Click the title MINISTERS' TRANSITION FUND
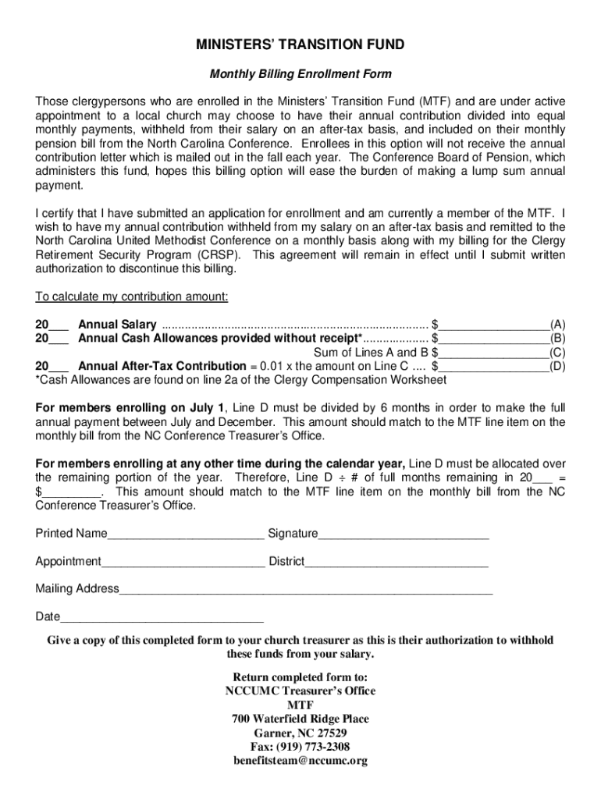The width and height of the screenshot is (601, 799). pyautogui.click(x=300, y=45)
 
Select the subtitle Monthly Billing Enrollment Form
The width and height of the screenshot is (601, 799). pyautogui.click(x=300, y=74)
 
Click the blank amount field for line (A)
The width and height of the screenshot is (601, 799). pyautogui.click(x=494, y=325)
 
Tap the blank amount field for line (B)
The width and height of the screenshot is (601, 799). pyautogui.click(x=494, y=339)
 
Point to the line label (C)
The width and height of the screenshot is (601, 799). pyautogui.click(x=557, y=353)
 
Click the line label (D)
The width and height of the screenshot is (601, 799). pyautogui.click(x=557, y=366)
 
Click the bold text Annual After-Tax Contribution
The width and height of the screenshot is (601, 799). pyautogui.click(x=162, y=366)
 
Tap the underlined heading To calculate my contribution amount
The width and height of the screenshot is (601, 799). pyautogui.click(x=132, y=297)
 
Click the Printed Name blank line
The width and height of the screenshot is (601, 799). pyautogui.click(x=186, y=534)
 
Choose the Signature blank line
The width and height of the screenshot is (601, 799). pyautogui.click(x=404, y=534)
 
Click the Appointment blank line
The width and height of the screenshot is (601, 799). pyautogui.click(x=183, y=563)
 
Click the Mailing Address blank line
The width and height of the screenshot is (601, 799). pyautogui.click(x=306, y=590)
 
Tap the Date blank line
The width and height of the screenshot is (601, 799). pyautogui.click(x=162, y=618)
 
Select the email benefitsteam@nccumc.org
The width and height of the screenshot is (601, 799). pyautogui.click(x=300, y=761)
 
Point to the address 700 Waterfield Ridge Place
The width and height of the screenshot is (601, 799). pyautogui.click(x=300, y=719)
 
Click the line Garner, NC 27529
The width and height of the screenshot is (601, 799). pyautogui.click(x=300, y=733)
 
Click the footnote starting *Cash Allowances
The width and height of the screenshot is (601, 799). pyautogui.click(x=241, y=380)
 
